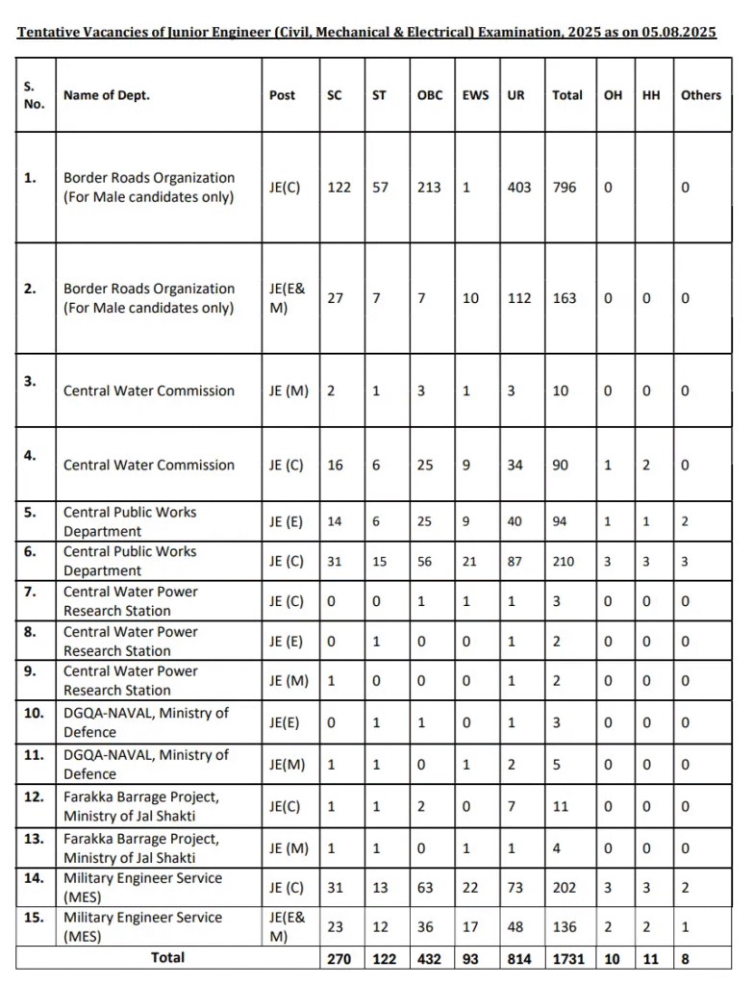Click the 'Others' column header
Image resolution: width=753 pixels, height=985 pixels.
[700, 95]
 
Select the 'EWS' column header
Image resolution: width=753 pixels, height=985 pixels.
[475, 95]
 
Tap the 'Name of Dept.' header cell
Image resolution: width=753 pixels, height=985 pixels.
[107, 95]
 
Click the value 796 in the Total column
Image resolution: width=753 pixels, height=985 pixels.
[565, 188]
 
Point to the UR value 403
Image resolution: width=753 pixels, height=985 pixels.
[519, 188]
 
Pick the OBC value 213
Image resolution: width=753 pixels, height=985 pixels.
[429, 188]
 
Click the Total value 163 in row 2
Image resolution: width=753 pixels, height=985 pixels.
[565, 298]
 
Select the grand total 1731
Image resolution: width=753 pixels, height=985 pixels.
[567, 958]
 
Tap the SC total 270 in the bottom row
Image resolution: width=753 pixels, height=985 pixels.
[340, 958]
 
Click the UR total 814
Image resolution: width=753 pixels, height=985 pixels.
[520, 958]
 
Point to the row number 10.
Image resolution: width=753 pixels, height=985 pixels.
[34, 713]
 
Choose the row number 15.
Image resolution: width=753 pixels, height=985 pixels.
[34, 918]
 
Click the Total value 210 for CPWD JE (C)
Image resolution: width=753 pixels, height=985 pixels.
[565, 561]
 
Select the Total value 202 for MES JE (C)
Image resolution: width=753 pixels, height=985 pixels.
[565, 888]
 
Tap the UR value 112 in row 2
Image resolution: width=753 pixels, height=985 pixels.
[519, 298]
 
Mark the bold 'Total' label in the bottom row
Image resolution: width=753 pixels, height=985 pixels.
[167, 958]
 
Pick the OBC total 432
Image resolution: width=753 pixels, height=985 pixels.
[430, 958]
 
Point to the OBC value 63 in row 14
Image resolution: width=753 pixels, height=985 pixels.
[425, 888]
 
